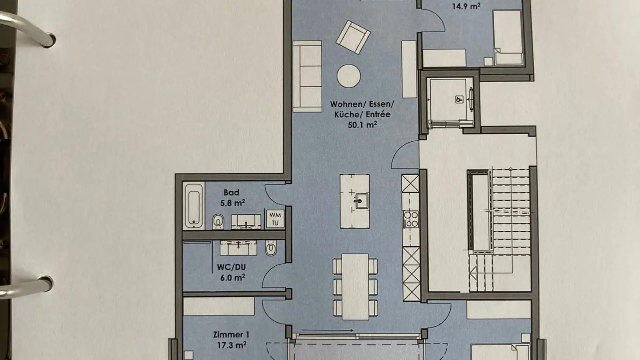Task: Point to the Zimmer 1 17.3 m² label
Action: click(x=231, y=339)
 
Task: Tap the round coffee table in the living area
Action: click(x=348, y=76)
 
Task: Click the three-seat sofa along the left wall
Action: click(x=307, y=76)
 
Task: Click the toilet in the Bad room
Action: click(x=218, y=220)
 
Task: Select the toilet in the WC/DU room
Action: click(x=270, y=249)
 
